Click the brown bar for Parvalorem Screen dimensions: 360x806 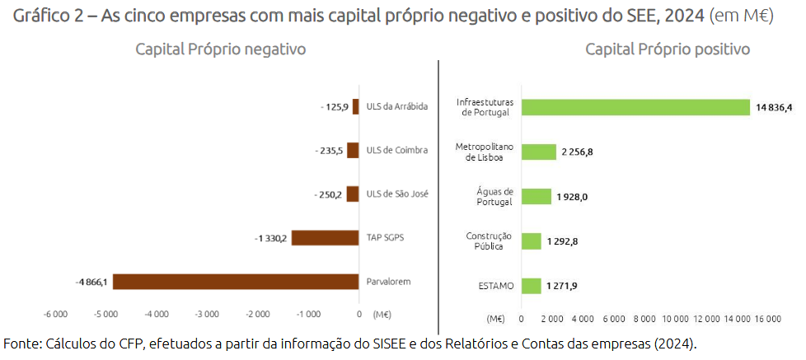pos(236,282)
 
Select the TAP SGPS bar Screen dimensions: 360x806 pos(325,238)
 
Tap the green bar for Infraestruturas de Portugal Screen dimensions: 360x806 pos(635,107)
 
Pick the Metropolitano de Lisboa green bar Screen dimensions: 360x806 pos(539,152)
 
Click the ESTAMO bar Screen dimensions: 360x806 pos(532,286)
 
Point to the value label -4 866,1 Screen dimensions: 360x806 pos(91,282)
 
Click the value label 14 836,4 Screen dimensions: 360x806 pos(774,107)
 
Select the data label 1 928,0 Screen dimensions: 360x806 pos(572,196)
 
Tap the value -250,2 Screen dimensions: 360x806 pos(329,194)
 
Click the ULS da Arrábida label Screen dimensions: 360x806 pos(397,106)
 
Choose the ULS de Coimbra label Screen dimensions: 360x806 pos(396,150)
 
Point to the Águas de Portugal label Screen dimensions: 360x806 pos(494,196)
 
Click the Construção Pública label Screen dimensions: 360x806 pos(490,241)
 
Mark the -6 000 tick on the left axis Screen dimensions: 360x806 pos(55,314)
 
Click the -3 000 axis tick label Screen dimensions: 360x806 pos(207,314)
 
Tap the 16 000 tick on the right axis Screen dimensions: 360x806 pos(767,319)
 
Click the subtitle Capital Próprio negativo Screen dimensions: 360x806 pos(221,49)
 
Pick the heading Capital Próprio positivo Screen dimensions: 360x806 pos(668,49)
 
